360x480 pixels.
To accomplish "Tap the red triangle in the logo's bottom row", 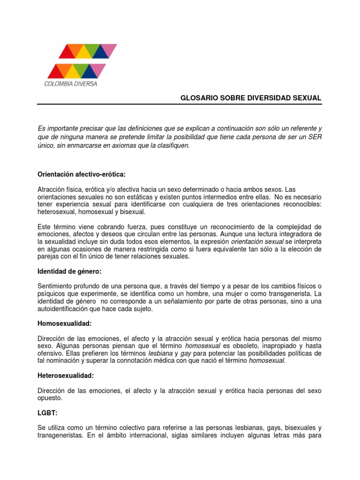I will (56, 71).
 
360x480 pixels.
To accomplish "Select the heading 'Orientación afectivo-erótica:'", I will (82, 174).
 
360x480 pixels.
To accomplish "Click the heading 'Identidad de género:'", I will (69, 271).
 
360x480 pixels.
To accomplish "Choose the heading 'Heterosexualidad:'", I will (66, 376).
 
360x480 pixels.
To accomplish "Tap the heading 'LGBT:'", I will (47, 413).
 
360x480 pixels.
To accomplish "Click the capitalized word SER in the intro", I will (315, 137).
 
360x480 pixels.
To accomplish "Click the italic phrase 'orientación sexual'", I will (258, 241).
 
